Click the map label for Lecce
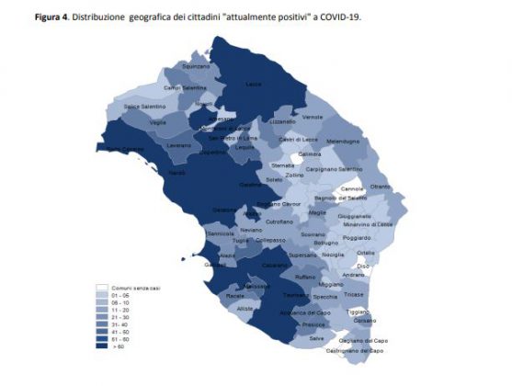click(x=254, y=84)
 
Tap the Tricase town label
click(x=354, y=294)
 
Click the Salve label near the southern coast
click(x=316, y=338)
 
